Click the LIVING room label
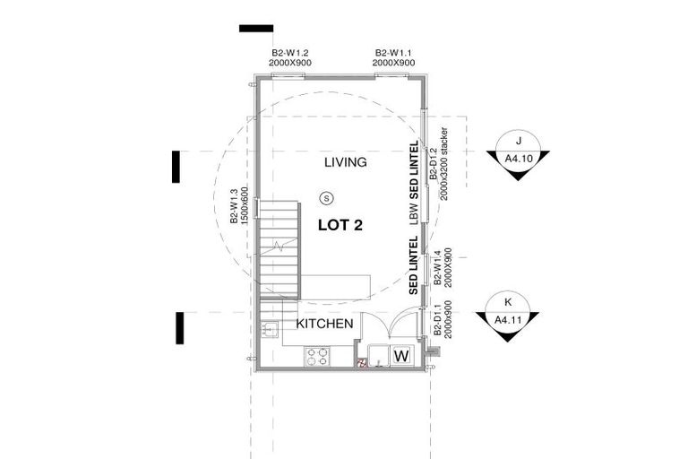pyautogui.click(x=345, y=162)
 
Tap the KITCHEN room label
pyautogui.click(x=324, y=324)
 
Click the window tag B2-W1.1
pyautogui.click(x=394, y=58)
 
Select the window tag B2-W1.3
pyautogui.click(x=238, y=206)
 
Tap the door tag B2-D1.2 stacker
pyautogui.click(x=436, y=167)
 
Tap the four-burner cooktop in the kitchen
pyautogui.click(x=317, y=357)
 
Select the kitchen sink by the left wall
pyautogui.click(x=266, y=330)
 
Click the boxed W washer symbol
pyautogui.click(x=401, y=356)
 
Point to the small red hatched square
pyautogui.click(x=363, y=364)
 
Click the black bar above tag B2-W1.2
pyautogui.click(x=255, y=29)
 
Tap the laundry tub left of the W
pyautogui.click(x=376, y=357)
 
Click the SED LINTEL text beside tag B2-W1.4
pyautogui.click(x=414, y=265)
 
